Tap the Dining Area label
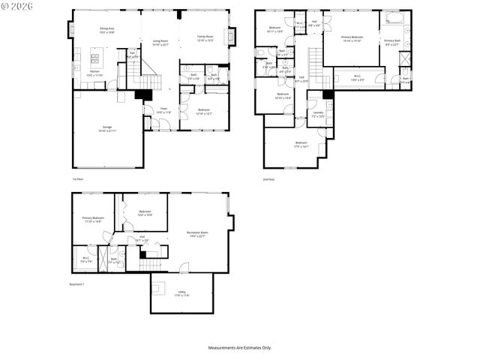pyautogui.click(x=106, y=31)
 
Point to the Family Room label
pyautogui.click(x=205, y=37)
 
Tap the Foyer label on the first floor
pyautogui.click(x=163, y=110)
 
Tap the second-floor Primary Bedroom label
pyautogui.click(x=352, y=40)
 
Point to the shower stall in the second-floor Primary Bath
pyautogui.click(x=404, y=59)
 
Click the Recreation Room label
pyautogui.click(x=197, y=234)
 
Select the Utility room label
pyautogui.click(x=181, y=293)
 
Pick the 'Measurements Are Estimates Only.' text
pyautogui.click(x=239, y=348)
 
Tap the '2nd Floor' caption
pyautogui.click(x=269, y=179)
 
